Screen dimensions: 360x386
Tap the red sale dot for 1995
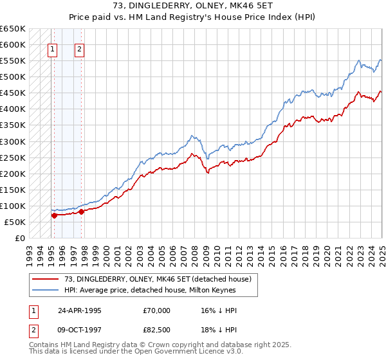click(54, 215)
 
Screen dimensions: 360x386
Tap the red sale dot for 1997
click(82, 211)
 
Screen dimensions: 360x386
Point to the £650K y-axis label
click(12, 29)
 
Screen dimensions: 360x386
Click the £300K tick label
click(12, 141)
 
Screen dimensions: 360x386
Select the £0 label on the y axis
click(20, 238)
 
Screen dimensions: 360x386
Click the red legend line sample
click(46, 278)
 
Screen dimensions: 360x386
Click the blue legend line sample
click(46, 290)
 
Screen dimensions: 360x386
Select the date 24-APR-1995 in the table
click(80, 310)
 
